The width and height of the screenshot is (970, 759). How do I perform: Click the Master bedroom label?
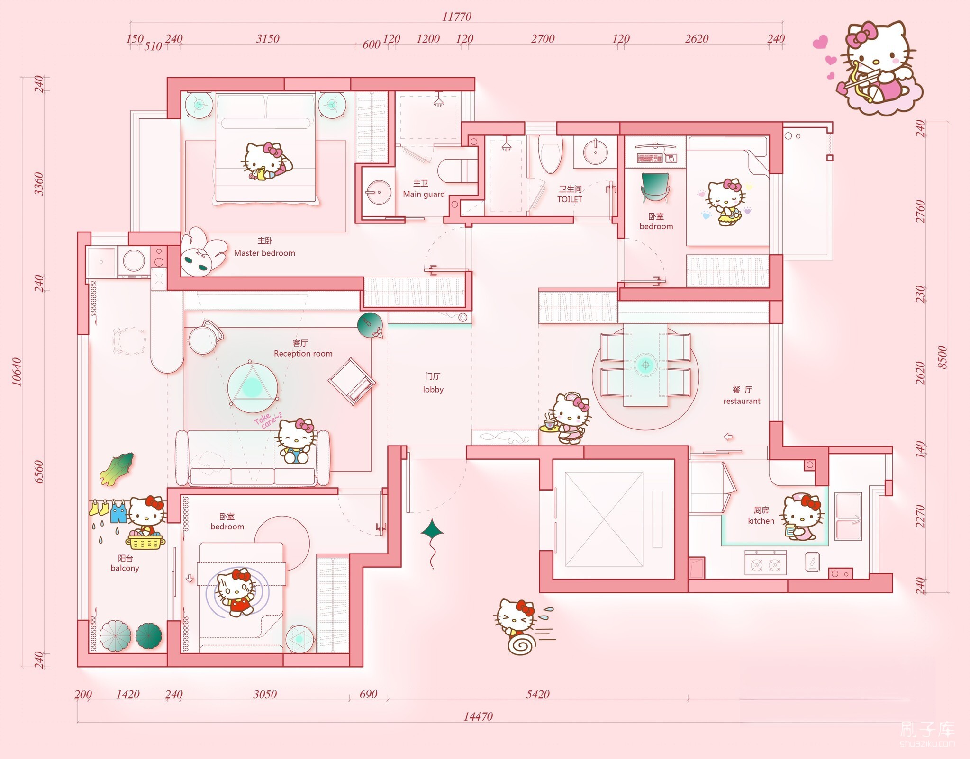pyautogui.click(x=264, y=253)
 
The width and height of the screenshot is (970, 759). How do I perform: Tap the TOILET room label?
pyautogui.click(x=570, y=199)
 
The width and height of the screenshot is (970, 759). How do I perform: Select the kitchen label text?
pyautogui.click(x=761, y=521)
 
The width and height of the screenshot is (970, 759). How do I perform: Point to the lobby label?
pyautogui.click(x=433, y=389)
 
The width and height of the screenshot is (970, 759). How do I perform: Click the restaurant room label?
pyautogui.click(x=742, y=401)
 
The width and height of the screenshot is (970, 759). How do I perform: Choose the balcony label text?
pyautogui.click(x=125, y=568)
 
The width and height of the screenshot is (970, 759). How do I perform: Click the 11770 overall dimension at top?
pyautogui.click(x=457, y=17)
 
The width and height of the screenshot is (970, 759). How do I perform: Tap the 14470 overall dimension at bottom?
pyautogui.click(x=478, y=716)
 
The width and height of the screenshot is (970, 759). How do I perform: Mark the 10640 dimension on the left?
pyautogui.click(x=17, y=372)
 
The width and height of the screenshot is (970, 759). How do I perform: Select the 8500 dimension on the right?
pyautogui.click(x=942, y=357)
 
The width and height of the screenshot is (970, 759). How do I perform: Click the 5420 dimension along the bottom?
pyautogui.click(x=538, y=694)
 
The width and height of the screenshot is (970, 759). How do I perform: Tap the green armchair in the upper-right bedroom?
pyautogui.click(x=655, y=187)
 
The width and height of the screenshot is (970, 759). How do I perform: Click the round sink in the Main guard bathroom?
pyautogui.click(x=378, y=192)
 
